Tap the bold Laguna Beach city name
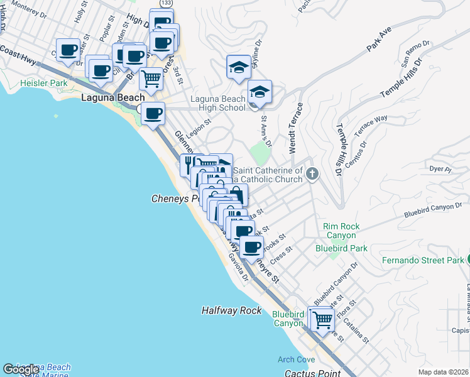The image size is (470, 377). pyautogui.click(x=113, y=98)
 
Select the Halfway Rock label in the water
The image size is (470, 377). pyautogui.click(x=231, y=310)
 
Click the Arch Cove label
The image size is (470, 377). pyautogui.click(x=297, y=359)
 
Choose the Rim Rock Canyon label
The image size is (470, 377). pyautogui.click(x=339, y=231)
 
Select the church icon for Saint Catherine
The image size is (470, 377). pyautogui.click(x=312, y=175)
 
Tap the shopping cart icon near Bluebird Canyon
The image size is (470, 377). pyautogui.click(x=322, y=319)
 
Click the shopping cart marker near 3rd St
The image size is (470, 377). pyautogui.click(x=151, y=79)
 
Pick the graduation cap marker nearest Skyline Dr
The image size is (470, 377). pyautogui.click(x=239, y=68)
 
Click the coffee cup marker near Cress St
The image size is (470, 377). pyautogui.click(x=252, y=247)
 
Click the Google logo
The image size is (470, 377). pyautogui.click(x=21, y=369)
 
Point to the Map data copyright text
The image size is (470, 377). pyautogui.click(x=444, y=372)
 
